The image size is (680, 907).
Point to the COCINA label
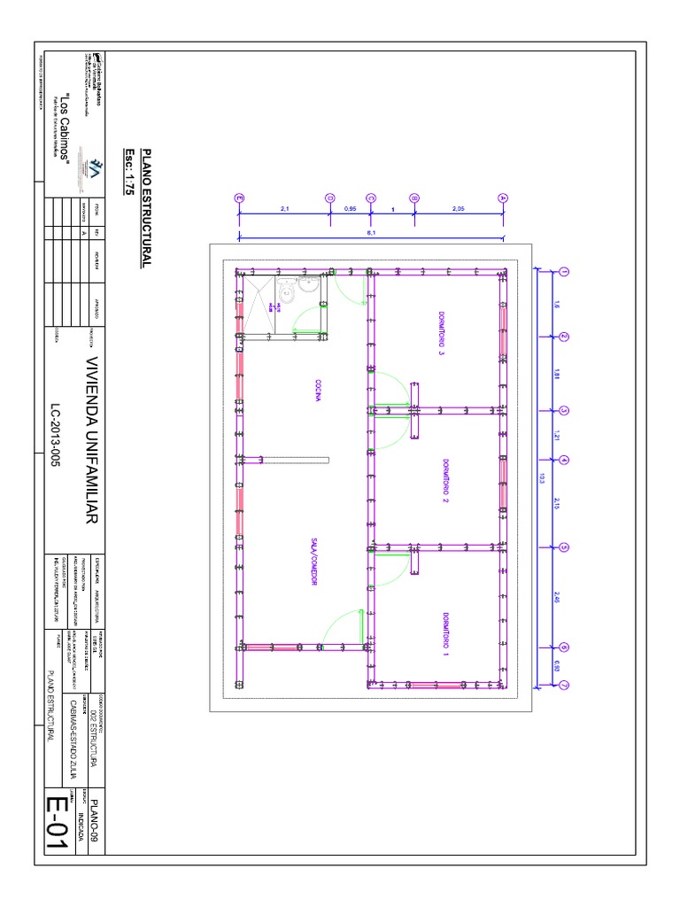[x=315, y=391]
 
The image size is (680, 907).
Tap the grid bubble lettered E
[x=238, y=198]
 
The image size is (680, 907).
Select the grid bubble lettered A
[x=503, y=198]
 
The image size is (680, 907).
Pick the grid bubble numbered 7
[x=562, y=684]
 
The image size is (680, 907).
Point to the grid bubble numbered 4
[x=562, y=460]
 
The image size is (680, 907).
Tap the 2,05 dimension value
[x=458, y=209]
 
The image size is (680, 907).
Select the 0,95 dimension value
[x=350, y=209]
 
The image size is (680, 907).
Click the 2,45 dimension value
[x=557, y=597]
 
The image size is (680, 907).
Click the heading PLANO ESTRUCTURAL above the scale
[x=147, y=208]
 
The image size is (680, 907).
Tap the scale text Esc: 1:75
[x=129, y=176]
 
